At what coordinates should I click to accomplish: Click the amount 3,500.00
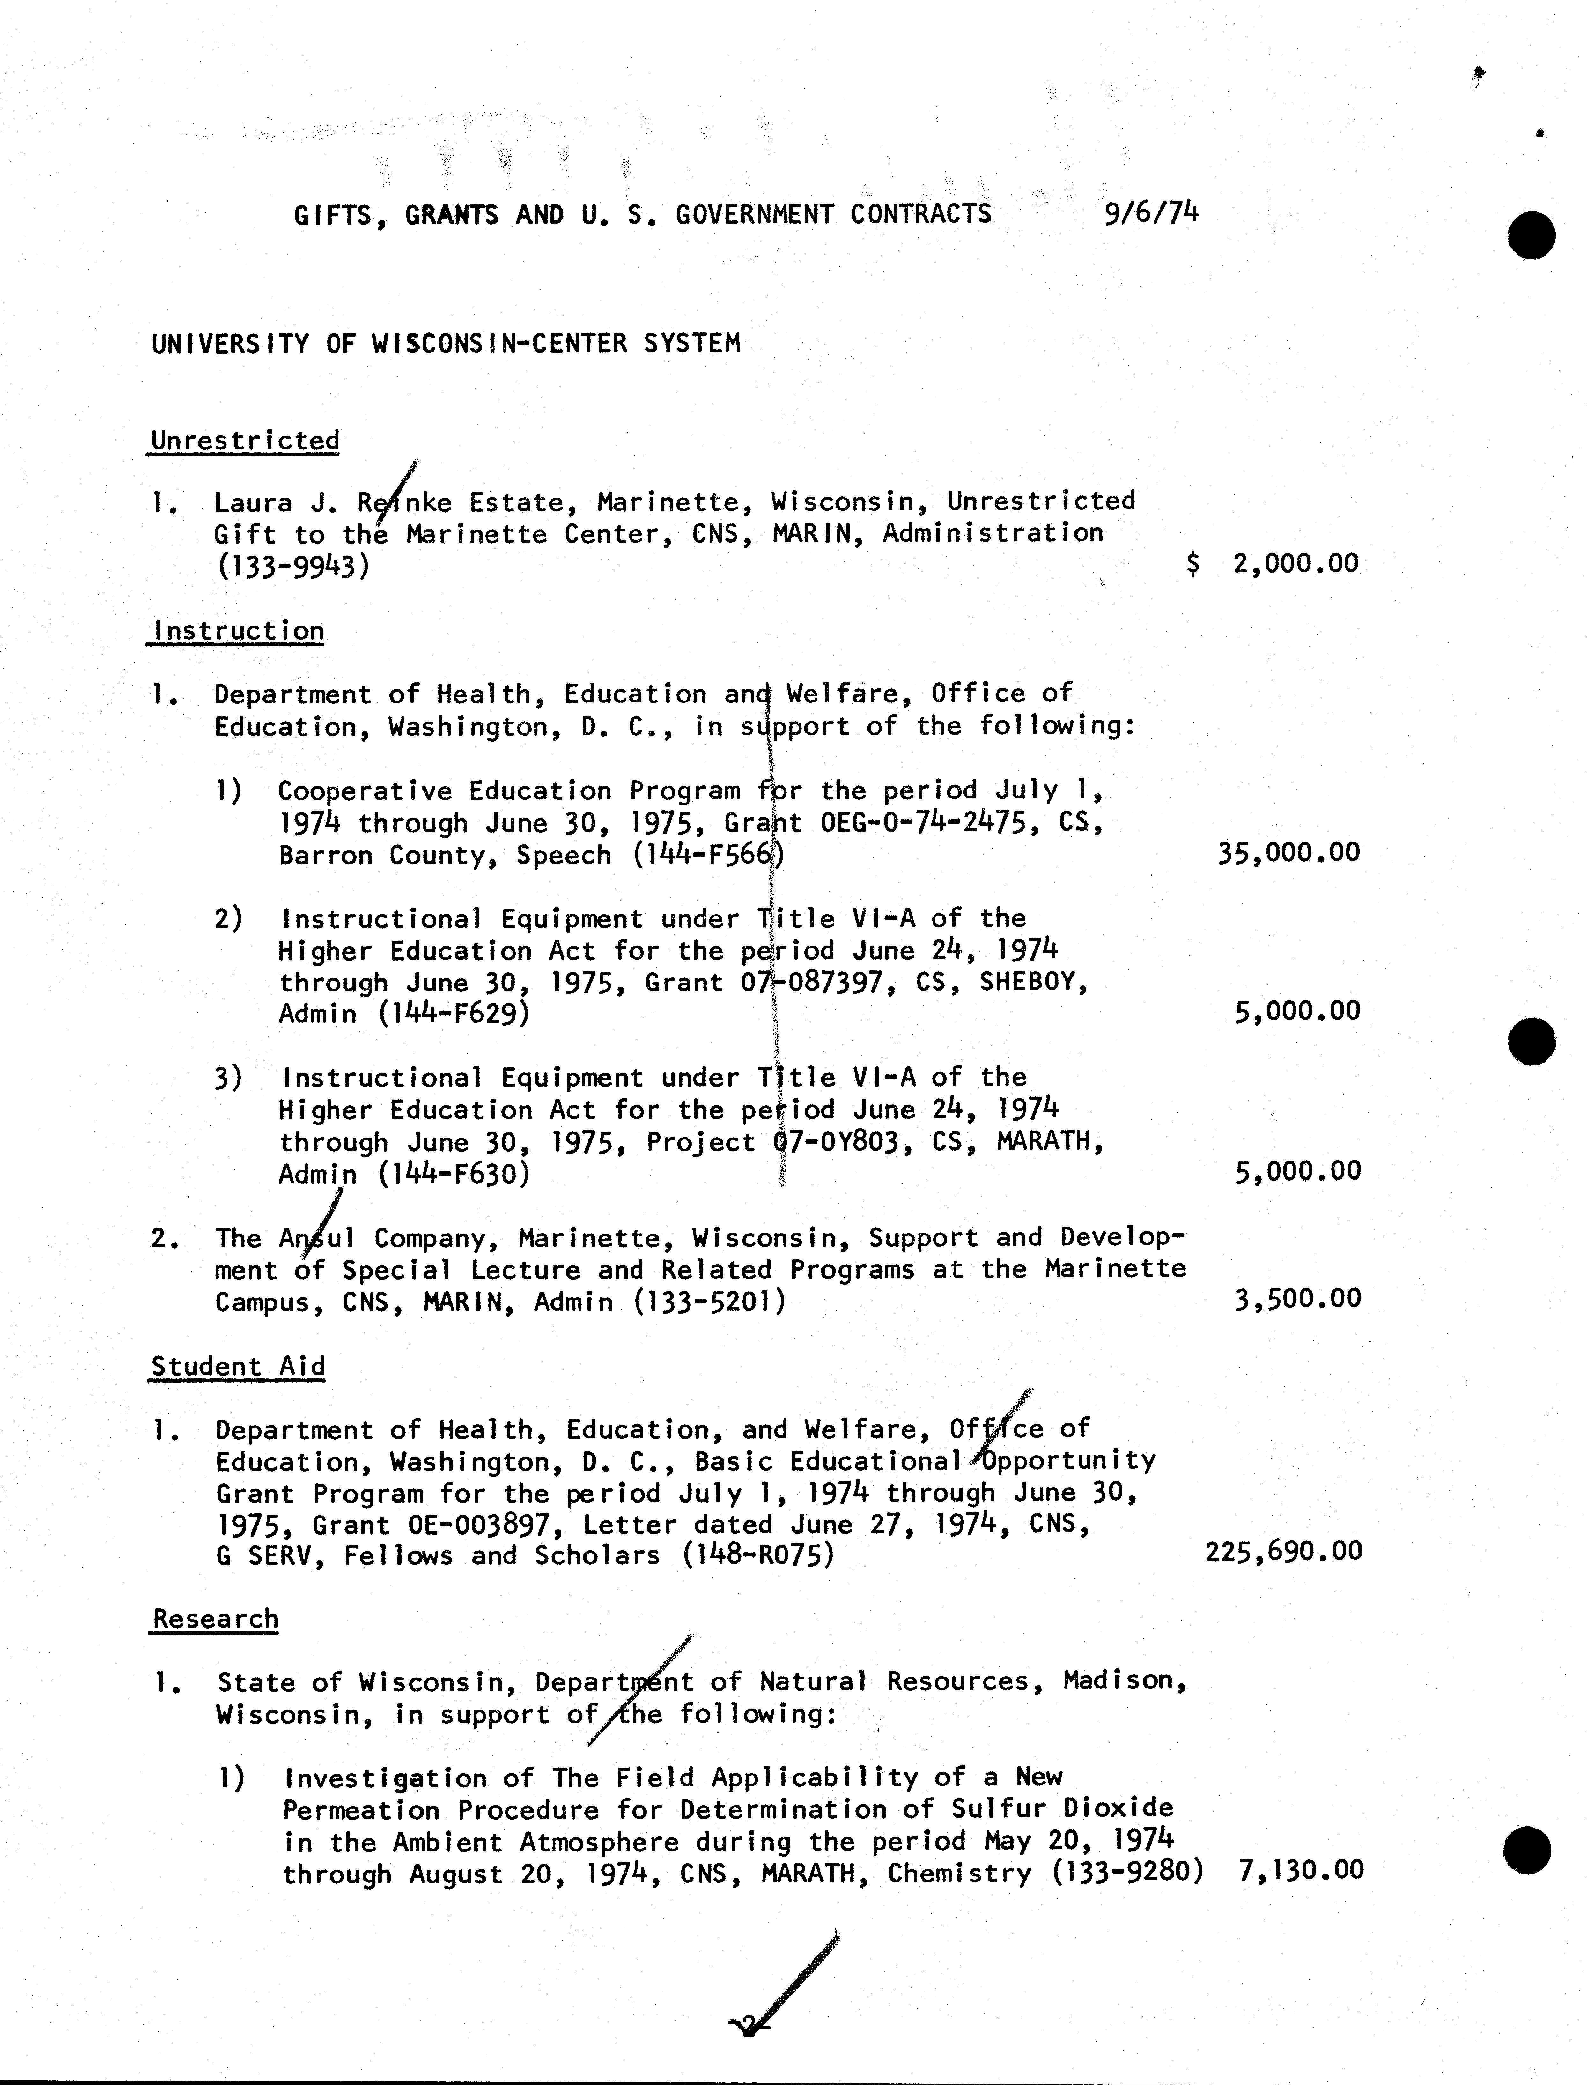point(1297,1298)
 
